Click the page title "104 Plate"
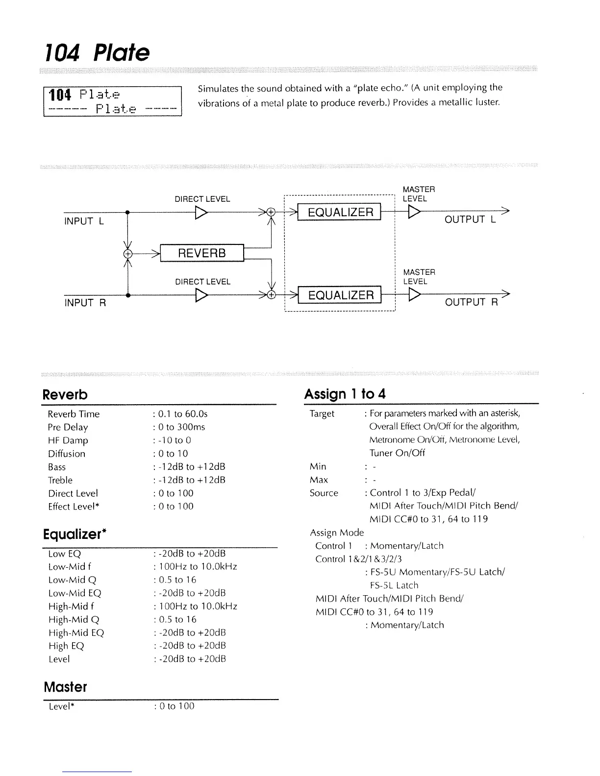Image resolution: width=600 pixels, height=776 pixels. coord(97,52)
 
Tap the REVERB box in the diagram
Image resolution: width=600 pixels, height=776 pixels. coord(201,253)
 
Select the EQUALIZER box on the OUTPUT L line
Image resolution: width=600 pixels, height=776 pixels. coord(341,212)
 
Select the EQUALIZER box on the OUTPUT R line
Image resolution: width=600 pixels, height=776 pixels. coord(341,295)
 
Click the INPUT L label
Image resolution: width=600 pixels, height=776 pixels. coord(84,221)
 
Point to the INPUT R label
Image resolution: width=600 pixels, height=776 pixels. coord(85,303)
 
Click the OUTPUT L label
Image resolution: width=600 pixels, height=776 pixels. coord(470,219)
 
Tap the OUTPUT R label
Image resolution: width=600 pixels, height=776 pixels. coord(471,302)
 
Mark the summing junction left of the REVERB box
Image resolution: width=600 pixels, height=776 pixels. coord(128,253)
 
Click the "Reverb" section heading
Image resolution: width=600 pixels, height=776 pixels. coord(65,395)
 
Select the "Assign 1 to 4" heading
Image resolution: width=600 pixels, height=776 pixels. coord(345,394)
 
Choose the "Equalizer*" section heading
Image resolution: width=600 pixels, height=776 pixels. coord(75,534)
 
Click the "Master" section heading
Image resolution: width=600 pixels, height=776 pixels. coord(65,687)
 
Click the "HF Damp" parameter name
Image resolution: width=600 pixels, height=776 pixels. coord(68,440)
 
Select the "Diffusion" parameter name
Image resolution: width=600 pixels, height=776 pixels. coord(67,454)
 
